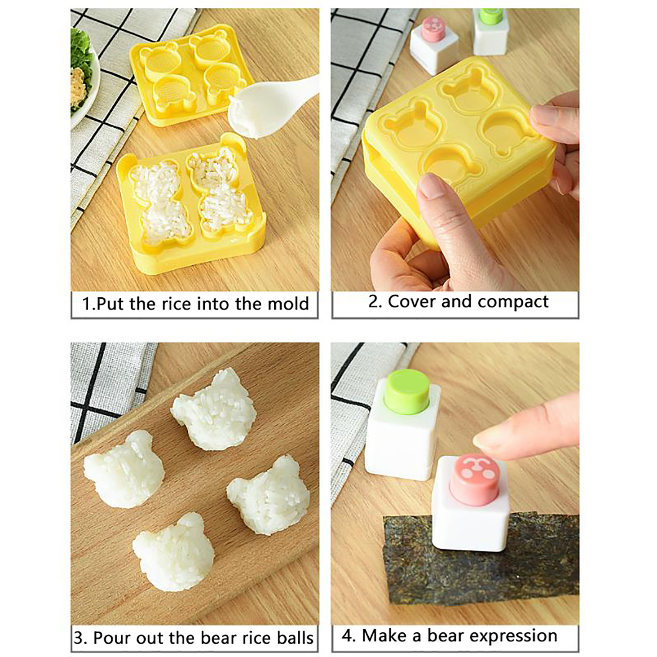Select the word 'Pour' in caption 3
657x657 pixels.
[113, 638]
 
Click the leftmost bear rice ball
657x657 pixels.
[124, 469]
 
